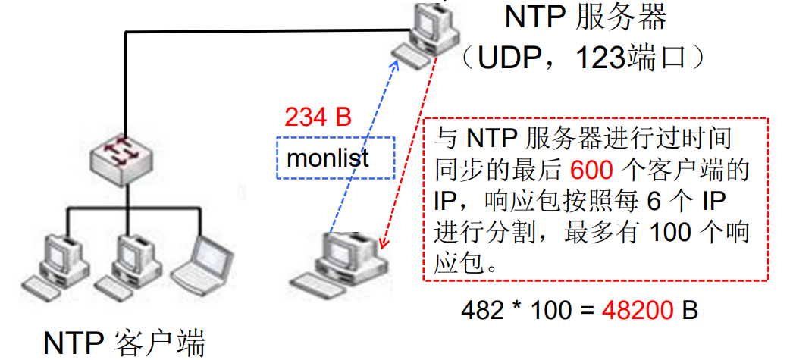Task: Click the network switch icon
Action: click(121, 159)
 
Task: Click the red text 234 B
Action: click(318, 117)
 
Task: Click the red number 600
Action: click(590, 169)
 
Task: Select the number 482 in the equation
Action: click(483, 310)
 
